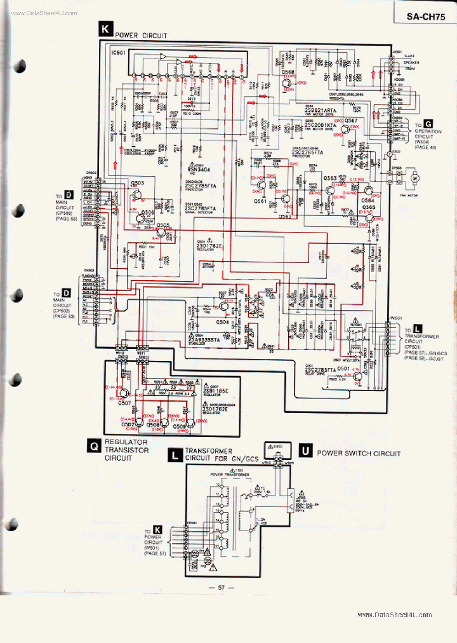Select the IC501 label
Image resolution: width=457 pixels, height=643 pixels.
coord(121,53)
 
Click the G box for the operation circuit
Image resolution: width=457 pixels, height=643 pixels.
coord(429,124)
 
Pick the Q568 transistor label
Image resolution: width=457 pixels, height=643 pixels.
coord(288,72)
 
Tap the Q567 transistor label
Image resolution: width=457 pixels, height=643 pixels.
coord(351,120)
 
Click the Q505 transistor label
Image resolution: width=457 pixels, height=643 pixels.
coord(163,226)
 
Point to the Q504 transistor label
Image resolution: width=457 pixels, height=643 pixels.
coord(222,322)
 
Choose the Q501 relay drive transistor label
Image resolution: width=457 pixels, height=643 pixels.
coord(343,368)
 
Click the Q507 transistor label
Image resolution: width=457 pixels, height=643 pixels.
coord(124,402)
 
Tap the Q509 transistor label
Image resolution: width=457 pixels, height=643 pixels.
coord(180,426)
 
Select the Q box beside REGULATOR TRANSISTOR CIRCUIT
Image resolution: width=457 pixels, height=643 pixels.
coord(93,447)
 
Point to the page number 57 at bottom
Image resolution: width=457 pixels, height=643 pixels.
coord(222,587)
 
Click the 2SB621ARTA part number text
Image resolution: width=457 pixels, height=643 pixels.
coord(322,110)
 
